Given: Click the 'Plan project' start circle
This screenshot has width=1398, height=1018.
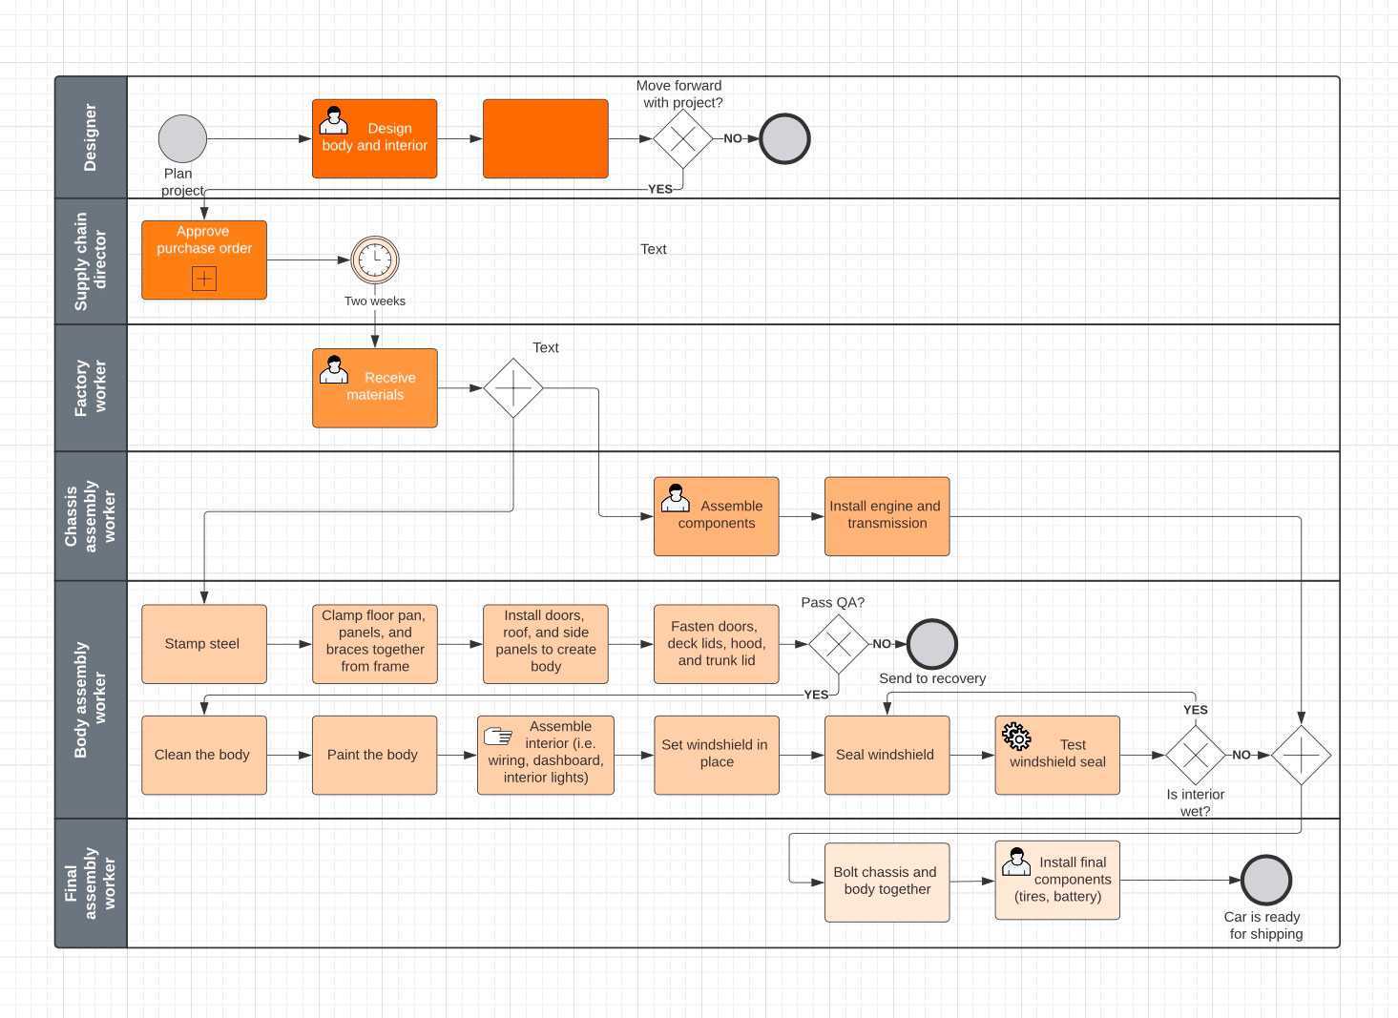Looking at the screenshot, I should pos(182,139).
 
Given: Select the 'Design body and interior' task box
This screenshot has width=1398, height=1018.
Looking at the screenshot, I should pos(374,138).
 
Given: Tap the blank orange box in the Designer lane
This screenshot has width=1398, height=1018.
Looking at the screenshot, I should pos(545,138).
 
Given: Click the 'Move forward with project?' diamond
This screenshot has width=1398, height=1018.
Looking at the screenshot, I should pos(683,139).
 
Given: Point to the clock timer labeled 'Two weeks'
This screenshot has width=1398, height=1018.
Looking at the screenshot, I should pos(375,260).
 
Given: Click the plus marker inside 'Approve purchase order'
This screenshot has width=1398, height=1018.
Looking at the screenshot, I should pos(204,278).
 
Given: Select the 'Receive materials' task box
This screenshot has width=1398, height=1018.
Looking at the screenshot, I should pos(374,387).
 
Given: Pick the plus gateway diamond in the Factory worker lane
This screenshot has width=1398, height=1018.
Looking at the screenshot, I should pos(513,388).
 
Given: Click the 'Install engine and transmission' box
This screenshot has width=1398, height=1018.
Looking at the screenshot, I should pos(887,516).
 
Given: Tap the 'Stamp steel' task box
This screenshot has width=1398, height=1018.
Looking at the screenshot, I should pos(203,644).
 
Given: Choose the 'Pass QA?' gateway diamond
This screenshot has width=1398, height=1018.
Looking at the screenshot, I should pos(838,644).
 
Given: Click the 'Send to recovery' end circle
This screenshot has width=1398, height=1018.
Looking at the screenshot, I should pos(931,644).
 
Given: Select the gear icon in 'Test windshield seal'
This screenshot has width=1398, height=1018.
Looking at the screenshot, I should pos(1016,736).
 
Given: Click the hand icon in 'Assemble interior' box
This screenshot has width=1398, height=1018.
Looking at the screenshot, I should pos(498,736).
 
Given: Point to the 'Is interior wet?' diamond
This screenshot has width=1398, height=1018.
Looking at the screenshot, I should pos(1195,755).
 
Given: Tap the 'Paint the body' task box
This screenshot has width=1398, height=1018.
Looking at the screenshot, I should pos(374,755).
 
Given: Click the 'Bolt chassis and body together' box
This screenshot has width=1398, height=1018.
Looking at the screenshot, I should pos(887,882).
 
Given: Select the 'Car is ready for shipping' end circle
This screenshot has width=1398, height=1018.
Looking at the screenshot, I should pos(1265,880).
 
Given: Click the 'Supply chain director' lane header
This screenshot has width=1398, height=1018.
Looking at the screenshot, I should pos(91,261).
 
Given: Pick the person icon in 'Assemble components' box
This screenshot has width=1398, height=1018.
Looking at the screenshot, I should pos(675,497).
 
